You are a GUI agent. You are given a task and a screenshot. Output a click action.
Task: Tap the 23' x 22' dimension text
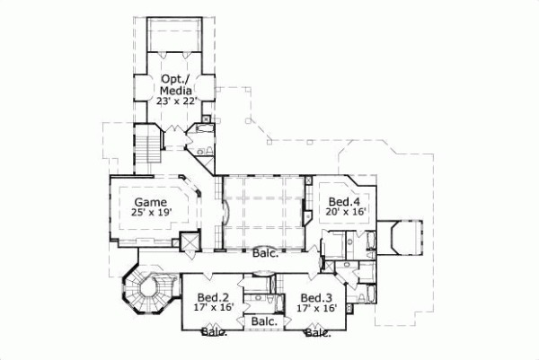click(174, 101)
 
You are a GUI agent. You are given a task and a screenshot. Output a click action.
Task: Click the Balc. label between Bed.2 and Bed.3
click(264, 321)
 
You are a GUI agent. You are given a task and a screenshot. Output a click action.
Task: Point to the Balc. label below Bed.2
click(213, 332)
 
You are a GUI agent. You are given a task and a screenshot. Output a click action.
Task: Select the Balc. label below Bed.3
click(316, 332)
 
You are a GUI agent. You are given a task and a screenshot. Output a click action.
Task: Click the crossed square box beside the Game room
click(190, 242)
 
